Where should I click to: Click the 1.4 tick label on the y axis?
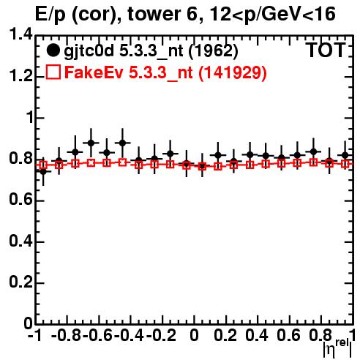tap(20, 34)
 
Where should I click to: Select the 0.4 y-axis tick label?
tap(20, 241)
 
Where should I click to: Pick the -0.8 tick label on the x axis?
tap(67, 335)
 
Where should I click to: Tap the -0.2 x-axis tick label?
tap(161, 335)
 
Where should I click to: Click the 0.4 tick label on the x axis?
tap(257, 335)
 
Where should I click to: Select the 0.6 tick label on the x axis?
tap(288, 335)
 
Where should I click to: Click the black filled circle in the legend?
tap(53, 50)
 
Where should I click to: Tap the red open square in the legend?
tap(53, 72)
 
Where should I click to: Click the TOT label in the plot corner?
tap(326, 50)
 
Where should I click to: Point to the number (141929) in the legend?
tap(232, 72)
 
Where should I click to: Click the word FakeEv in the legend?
tap(94, 72)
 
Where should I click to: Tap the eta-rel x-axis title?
tap(337, 348)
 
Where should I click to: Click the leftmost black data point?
tap(43, 172)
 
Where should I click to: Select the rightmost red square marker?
tap(345, 164)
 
